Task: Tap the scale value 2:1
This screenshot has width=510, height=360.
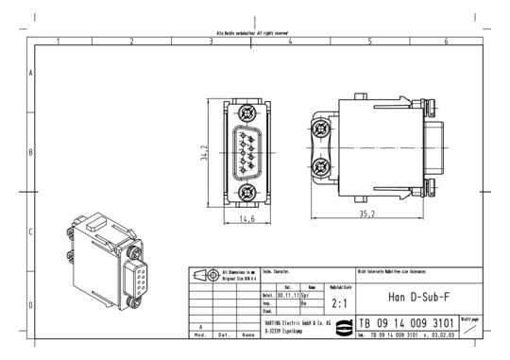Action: tap(340, 304)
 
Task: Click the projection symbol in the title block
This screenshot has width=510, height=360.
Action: tap(204, 274)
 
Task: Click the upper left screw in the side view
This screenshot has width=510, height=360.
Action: tap(323, 127)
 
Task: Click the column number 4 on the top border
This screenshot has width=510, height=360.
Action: tap(290, 42)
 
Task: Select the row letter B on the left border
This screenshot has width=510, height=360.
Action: tap(31, 151)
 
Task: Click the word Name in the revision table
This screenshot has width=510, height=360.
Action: tap(247, 334)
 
